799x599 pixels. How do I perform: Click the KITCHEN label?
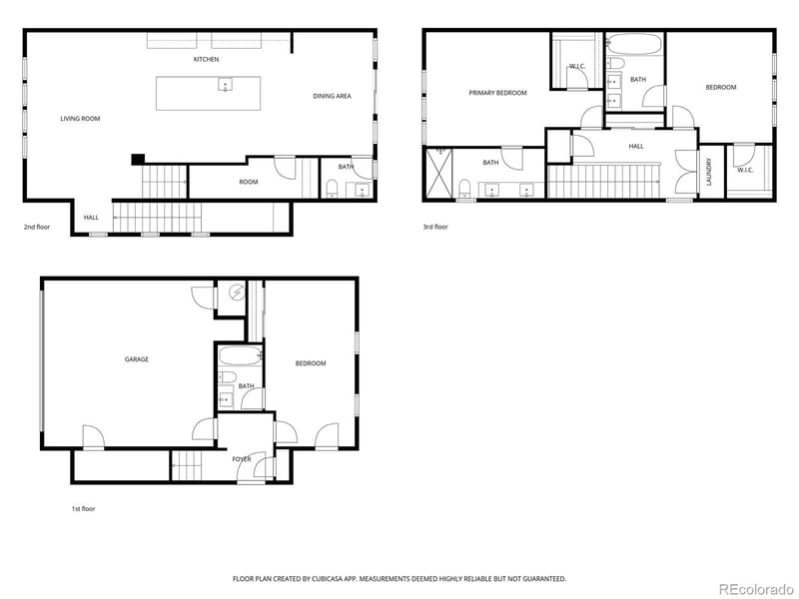click(207, 60)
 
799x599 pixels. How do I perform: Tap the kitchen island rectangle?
click(208, 93)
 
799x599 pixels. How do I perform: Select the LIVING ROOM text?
click(80, 119)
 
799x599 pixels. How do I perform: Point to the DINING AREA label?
click(332, 96)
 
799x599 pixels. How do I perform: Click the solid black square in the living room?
click(137, 158)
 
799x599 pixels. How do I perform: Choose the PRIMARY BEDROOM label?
click(497, 93)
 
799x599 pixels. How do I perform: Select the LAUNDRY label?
click(709, 172)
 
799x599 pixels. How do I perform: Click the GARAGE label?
click(136, 359)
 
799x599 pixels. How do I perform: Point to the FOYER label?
click(242, 459)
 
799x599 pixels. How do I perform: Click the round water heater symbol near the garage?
click(237, 294)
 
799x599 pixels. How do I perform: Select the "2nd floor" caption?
click(37, 227)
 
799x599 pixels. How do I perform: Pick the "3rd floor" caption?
click(435, 227)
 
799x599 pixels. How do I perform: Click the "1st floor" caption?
click(83, 508)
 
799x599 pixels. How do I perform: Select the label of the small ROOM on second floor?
click(248, 182)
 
